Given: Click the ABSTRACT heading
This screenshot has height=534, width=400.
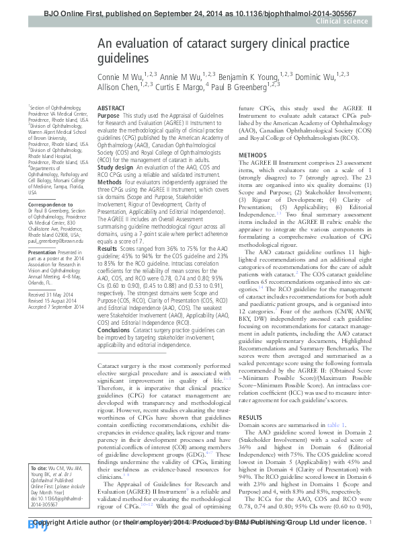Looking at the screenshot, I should tap(112, 108).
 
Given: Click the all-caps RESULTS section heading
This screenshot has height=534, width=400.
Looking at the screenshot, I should tap(251, 418).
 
